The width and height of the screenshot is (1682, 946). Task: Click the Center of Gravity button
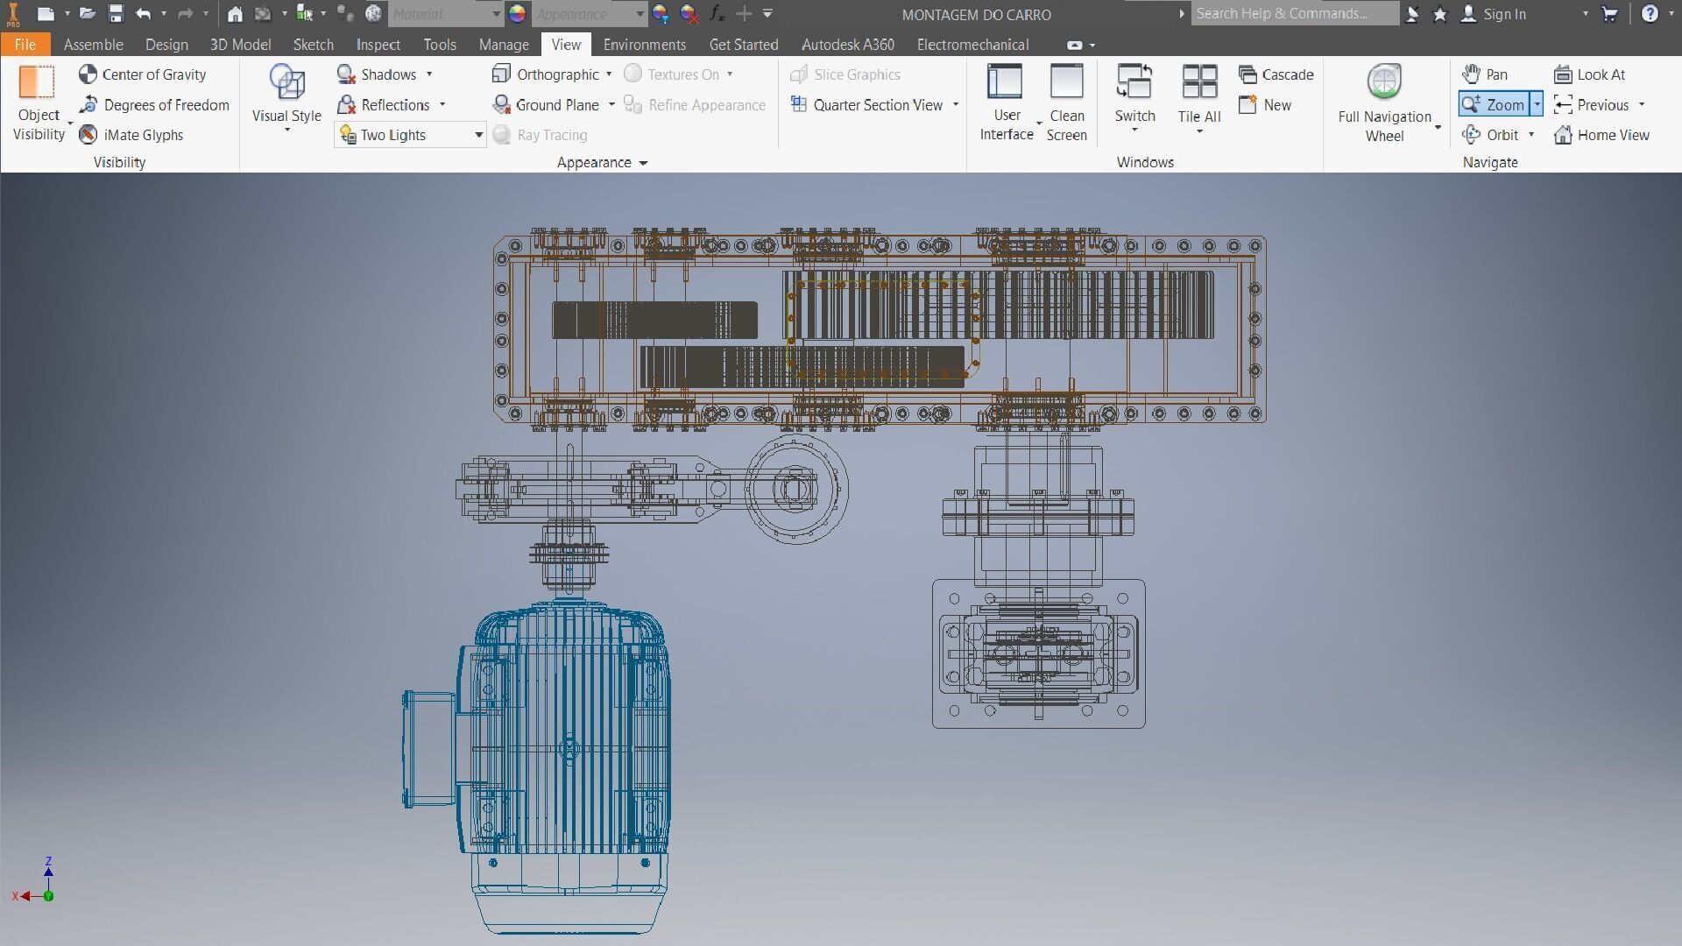(x=143, y=74)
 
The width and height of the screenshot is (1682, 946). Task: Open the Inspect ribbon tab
(x=378, y=45)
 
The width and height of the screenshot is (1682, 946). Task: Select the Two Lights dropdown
(x=409, y=135)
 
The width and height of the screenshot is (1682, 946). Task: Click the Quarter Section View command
(x=877, y=105)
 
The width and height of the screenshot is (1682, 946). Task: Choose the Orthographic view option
(x=556, y=74)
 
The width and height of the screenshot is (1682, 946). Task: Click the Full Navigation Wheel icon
(x=1384, y=83)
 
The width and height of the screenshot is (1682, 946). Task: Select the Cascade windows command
(x=1276, y=74)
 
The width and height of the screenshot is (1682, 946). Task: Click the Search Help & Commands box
(x=1293, y=13)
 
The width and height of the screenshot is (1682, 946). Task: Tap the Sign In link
(x=1503, y=14)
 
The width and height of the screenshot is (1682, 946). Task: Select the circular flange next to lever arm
(x=796, y=489)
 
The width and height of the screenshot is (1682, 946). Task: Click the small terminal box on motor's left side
(x=428, y=749)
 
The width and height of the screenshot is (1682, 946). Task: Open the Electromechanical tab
(x=972, y=45)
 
